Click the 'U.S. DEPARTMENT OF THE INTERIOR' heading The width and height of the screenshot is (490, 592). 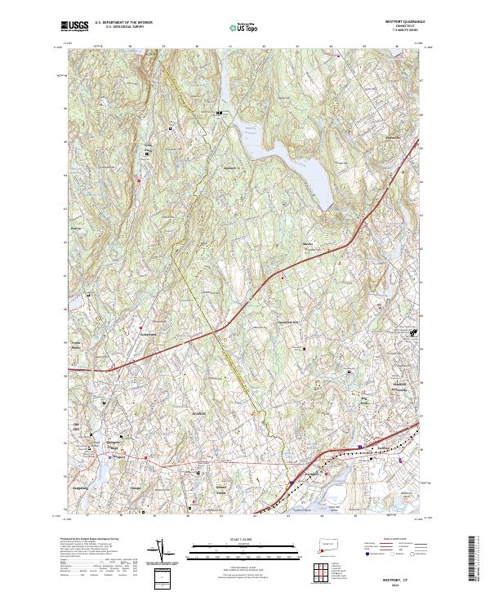click(x=123, y=24)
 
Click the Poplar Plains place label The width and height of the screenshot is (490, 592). click(x=77, y=345)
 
